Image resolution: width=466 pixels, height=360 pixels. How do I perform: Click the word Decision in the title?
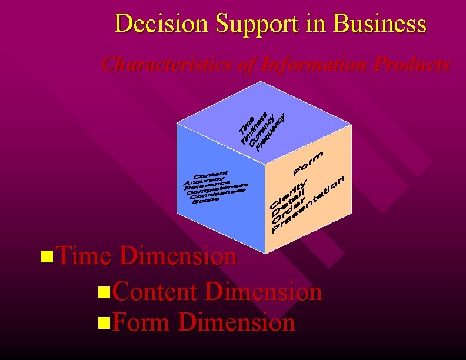(x=162, y=24)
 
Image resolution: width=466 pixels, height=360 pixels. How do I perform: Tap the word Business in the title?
(x=380, y=24)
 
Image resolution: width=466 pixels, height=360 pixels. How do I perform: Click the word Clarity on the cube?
(x=288, y=194)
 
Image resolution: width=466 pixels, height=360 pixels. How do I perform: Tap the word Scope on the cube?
(x=205, y=199)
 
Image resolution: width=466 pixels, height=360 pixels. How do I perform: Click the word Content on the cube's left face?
(x=210, y=175)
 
